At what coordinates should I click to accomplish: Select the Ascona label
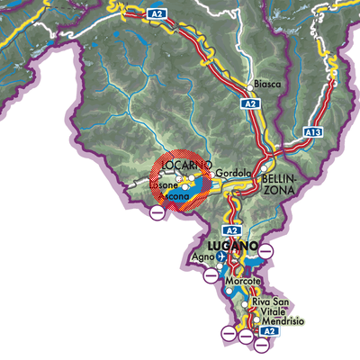point(175,195)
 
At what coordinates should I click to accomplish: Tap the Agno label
point(202,258)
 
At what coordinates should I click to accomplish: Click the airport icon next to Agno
point(221,258)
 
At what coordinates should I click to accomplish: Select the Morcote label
point(242,283)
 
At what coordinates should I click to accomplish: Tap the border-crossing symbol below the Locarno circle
point(157,213)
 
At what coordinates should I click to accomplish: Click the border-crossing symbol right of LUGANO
point(266,247)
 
